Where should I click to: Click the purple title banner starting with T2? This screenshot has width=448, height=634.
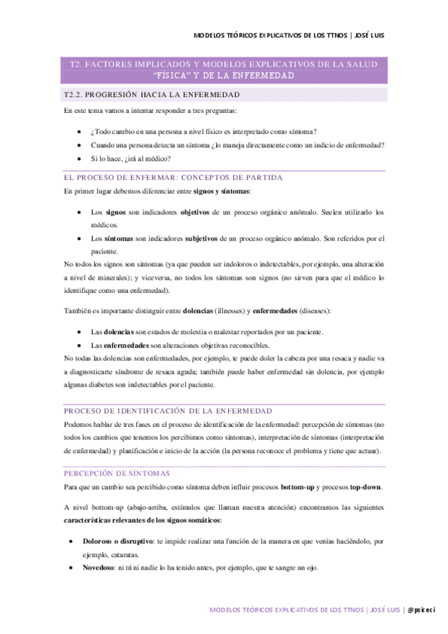click(224, 70)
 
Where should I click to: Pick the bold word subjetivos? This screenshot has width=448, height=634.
click(200, 238)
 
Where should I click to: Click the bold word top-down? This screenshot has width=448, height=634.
click(363, 487)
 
